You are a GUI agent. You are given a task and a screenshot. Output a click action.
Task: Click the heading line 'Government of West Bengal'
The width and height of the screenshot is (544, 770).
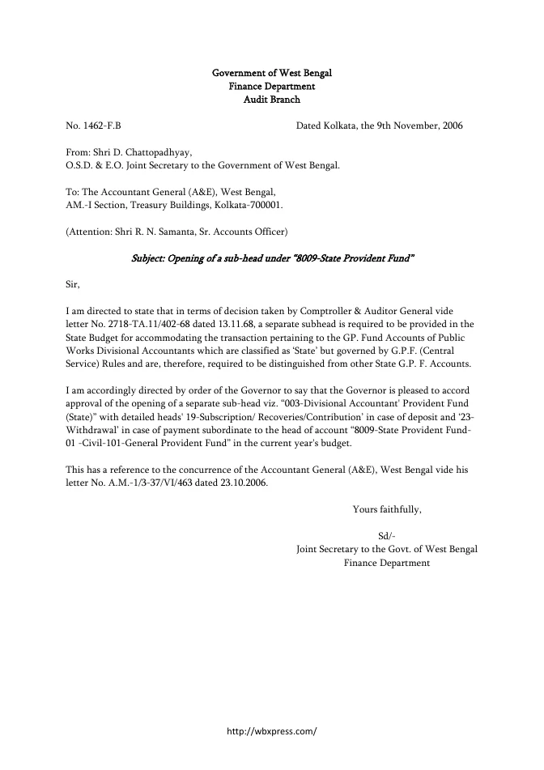pyautogui.click(x=271, y=73)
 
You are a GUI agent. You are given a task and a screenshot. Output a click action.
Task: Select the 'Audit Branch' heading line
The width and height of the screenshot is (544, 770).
pyautogui.click(x=271, y=100)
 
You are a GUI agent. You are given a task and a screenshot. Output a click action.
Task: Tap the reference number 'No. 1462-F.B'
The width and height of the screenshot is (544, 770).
pyautogui.click(x=93, y=126)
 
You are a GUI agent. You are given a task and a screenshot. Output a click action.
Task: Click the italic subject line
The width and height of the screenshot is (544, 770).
pyautogui.click(x=273, y=258)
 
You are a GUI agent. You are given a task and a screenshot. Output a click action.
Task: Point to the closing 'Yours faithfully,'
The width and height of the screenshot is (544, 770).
pyautogui.click(x=387, y=509)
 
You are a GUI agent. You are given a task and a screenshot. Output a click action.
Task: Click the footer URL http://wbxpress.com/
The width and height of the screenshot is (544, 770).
pyautogui.click(x=272, y=730)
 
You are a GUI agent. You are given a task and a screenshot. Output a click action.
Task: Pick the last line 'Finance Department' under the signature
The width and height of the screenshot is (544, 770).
pyautogui.click(x=387, y=562)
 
